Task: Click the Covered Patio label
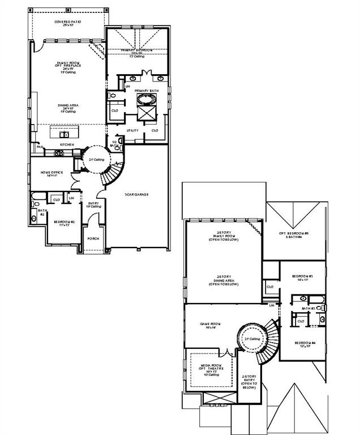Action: click(x=67, y=23)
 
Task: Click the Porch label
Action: click(x=93, y=238)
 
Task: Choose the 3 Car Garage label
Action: click(x=136, y=194)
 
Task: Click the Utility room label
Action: click(x=132, y=130)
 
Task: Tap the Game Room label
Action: click(x=209, y=326)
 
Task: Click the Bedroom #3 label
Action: click(x=303, y=278)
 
